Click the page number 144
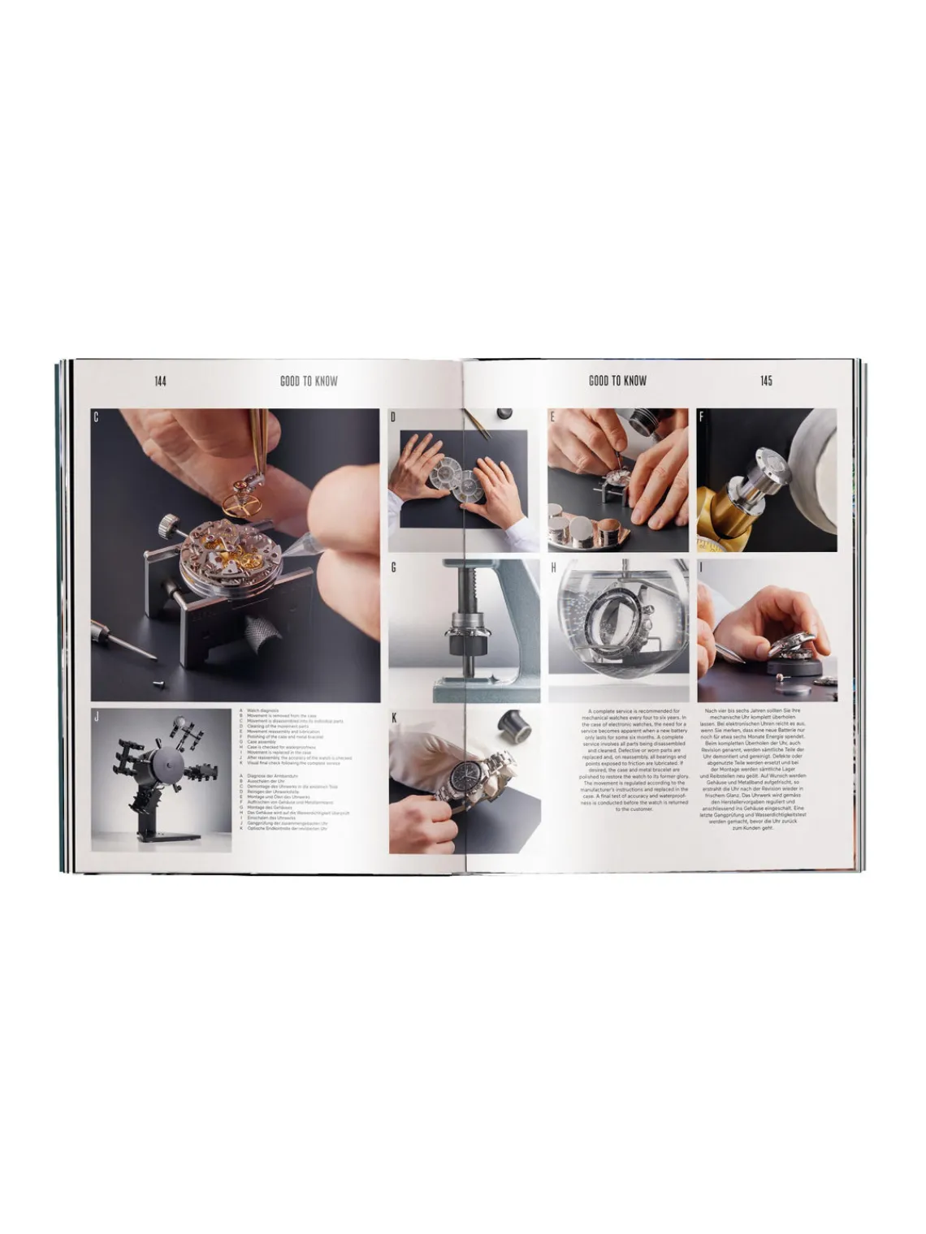160,381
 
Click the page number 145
766,381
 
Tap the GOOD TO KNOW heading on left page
309,381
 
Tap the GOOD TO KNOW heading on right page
617,381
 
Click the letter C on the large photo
96,417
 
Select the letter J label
97,717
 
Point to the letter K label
394,718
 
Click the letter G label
394,567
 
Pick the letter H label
553,567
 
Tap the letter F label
702,417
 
